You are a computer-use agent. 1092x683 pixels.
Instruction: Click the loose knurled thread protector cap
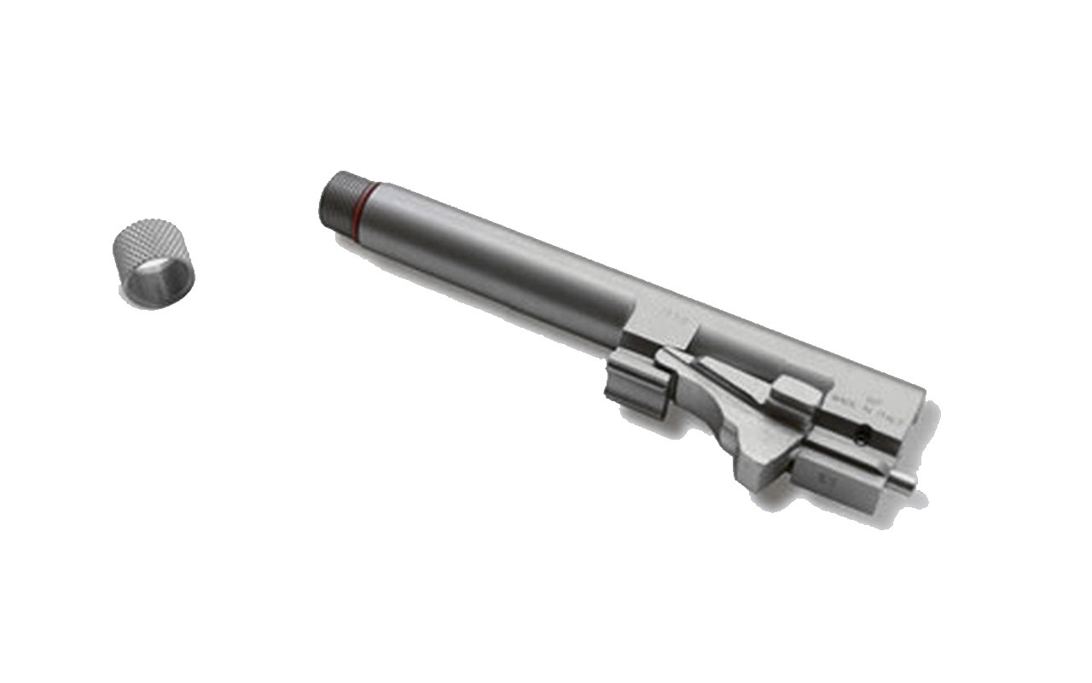coord(154,264)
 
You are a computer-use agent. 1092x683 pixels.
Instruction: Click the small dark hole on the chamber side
coord(864,435)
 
